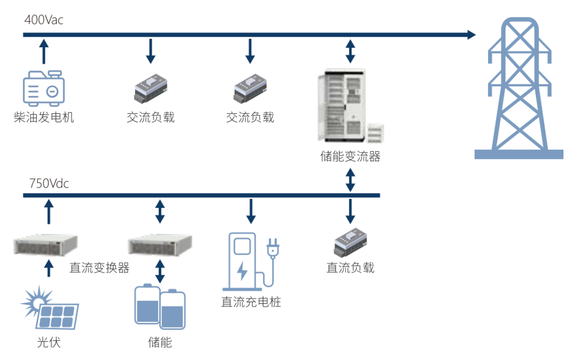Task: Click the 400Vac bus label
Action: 44,20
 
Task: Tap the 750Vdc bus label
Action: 49,184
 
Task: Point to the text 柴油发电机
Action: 44,117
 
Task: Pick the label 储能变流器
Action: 350,156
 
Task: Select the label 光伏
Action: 49,342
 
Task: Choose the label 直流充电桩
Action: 251,302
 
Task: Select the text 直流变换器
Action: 99,267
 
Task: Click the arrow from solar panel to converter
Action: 49,267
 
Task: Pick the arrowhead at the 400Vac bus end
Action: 471,35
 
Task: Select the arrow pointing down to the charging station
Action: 251,211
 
